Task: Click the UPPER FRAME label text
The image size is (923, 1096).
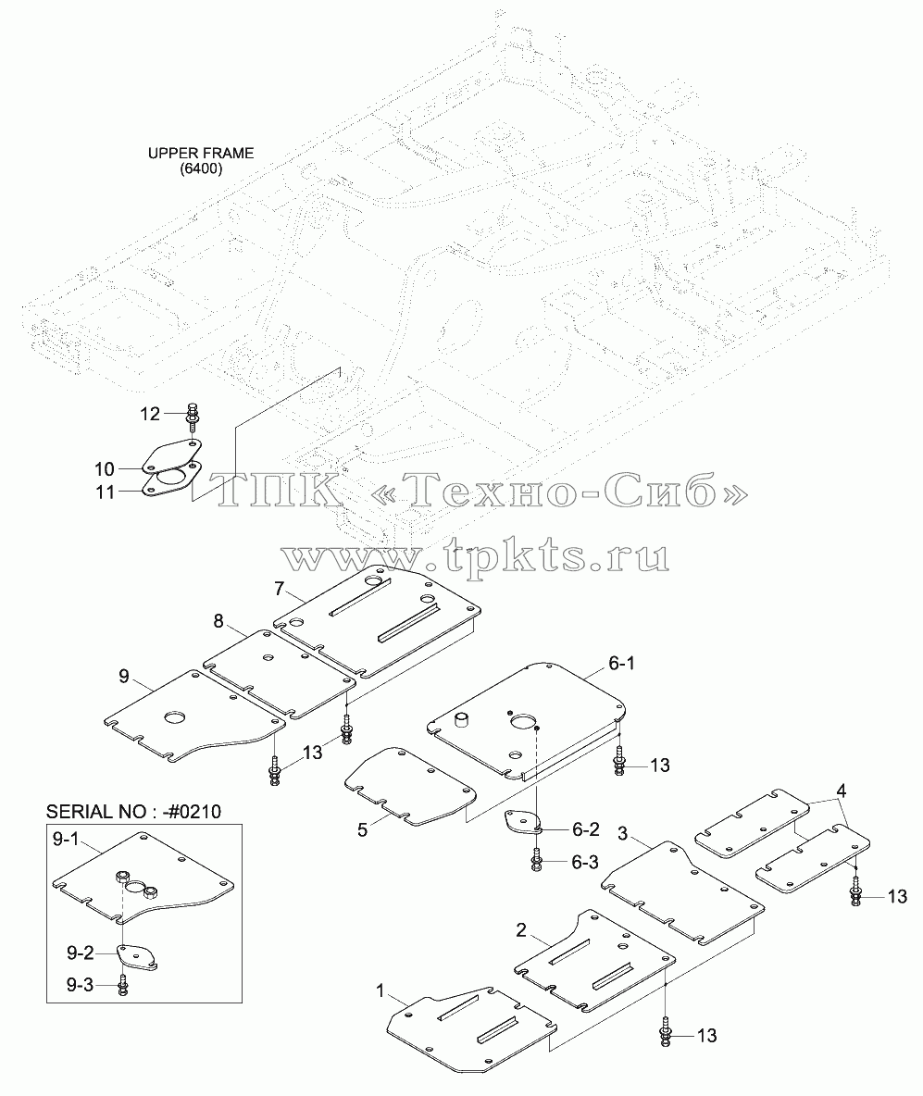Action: click(201, 153)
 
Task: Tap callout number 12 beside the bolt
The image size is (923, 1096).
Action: click(150, 414)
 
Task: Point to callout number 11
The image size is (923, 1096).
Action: click(105, 492)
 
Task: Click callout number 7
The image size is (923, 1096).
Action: click(280, 589)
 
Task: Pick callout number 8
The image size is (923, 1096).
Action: click(218, 621)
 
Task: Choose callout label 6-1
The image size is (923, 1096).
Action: click(621, 664)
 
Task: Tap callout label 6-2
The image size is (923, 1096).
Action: click(585, 829)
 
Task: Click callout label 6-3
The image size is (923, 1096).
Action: click(585, 862)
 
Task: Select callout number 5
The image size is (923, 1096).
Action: click(362, 830)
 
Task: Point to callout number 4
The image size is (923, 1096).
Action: click(842, 791)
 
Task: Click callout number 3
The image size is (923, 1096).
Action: click(623, 833)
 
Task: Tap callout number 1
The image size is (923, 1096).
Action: click(380, 990)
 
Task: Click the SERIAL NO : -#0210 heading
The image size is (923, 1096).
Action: click(133, 812)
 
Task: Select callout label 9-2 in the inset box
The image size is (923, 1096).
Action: click(80, 953)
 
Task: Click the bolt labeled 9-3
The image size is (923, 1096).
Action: click(123, 984)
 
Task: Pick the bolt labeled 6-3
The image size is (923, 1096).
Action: click(537, 860)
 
